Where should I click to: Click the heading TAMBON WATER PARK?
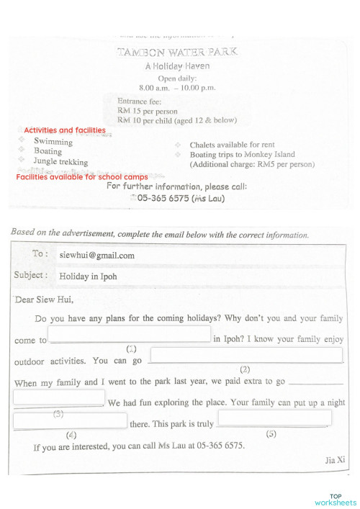click(x=176, y=52)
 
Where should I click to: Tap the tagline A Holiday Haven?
click(x=177, y=66)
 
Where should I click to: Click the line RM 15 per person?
click(x=147, y=111)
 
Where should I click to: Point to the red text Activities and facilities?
click(x=65, y=130)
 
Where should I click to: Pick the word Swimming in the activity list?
click(x=53, y=142)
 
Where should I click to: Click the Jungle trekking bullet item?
click(x=60, y=162)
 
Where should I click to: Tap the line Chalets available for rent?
click(x=232, y=145)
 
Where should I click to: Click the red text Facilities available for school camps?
click(x=82, y=176)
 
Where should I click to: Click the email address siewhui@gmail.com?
click(x=96, y=255)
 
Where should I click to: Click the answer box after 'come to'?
click(x=130, y=334)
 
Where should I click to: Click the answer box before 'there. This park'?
click(x=70, y=420)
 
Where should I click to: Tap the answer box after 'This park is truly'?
click(x=274, y=418)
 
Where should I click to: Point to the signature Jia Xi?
click(x=336, y=459)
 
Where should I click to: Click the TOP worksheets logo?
click(x=335, y=500)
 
